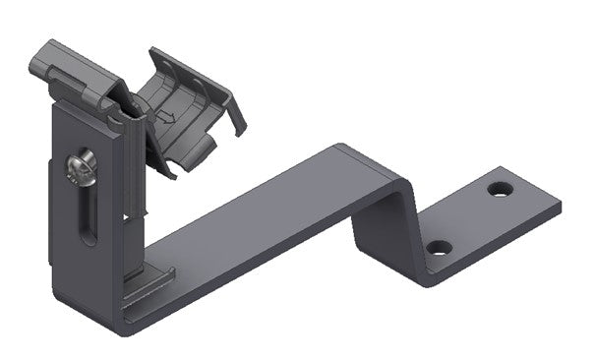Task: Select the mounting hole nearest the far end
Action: click(x=501, y=187)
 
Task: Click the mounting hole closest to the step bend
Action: click(x=440, y=247)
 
